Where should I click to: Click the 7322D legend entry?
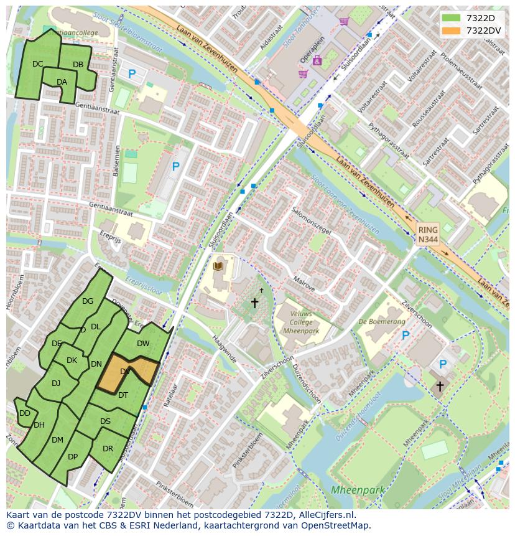[471, 18]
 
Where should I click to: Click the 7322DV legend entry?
[471, 31]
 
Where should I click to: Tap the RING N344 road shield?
[427, 235]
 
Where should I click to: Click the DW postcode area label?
[143, 344]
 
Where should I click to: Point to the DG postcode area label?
[88, 302]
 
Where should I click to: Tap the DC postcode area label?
[38, 64]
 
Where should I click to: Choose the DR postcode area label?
[108, 449]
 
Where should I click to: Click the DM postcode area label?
[57, 440]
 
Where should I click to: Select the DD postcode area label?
[25, 413]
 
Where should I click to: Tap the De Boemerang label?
[381, 322]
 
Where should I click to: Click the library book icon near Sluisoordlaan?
[217, 266]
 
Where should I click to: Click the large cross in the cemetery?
[254, 303]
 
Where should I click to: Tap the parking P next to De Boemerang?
[406, 336]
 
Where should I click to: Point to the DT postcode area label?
[123, 395]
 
